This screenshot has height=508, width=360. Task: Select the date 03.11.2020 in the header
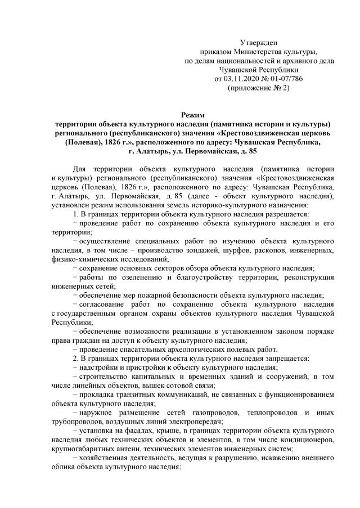tap(242, 79)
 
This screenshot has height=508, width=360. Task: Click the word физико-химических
tap(84, 260)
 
